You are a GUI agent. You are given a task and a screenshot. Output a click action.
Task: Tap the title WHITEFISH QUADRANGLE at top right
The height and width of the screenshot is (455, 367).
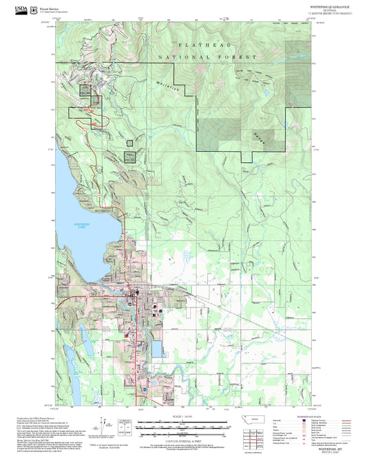(x=327, y=5)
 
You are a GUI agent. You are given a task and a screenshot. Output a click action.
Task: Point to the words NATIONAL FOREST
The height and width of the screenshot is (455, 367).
(x=207, y=57)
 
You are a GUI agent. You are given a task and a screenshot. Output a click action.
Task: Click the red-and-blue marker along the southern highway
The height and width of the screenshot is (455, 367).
(x=145, y=389)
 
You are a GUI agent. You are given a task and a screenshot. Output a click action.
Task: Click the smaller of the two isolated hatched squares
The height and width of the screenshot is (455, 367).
(x=129, y=143)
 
